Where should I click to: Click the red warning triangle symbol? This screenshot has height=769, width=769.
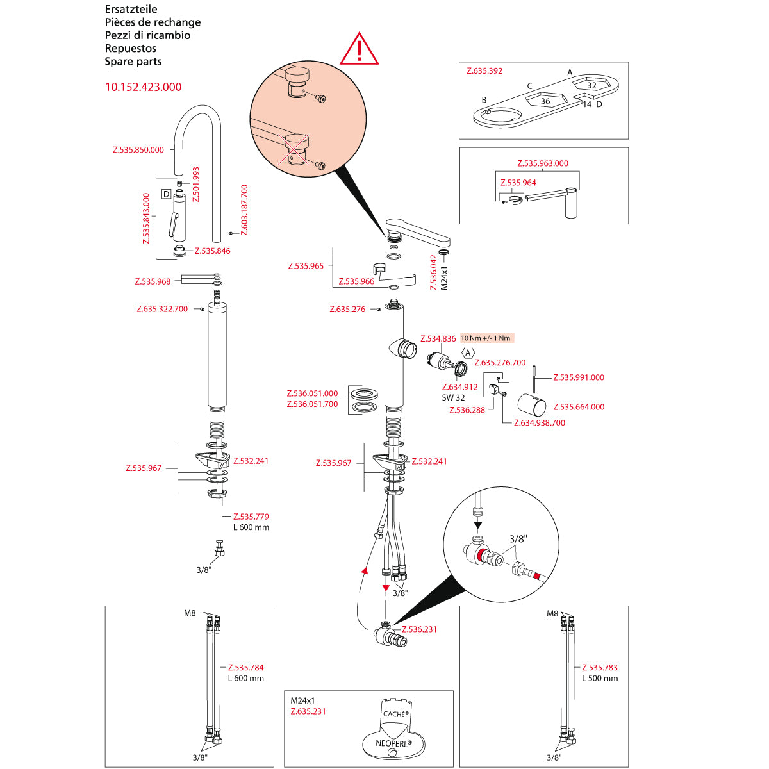point(360,50)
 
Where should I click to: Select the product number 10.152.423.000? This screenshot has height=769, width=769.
point(143,87)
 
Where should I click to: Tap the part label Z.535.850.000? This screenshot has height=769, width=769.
point(138,150)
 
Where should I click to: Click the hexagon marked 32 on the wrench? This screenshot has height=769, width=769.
point(591,85)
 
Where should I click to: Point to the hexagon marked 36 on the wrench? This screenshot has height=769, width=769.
point(545,101)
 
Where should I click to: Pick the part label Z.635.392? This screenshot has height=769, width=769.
point(484,71)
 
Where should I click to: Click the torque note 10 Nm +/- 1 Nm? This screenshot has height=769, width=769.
point(486,338)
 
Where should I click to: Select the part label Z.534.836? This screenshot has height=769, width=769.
point(438,338)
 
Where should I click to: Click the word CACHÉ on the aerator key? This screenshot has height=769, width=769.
point(394,713)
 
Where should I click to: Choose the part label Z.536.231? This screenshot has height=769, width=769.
point(419,629)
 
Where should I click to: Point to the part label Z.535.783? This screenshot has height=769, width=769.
point(600,667)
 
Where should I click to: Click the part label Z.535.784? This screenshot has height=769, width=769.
point(246,667)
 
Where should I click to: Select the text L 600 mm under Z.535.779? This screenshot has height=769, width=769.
point(251,527)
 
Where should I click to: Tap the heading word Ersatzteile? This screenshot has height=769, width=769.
point(131,9)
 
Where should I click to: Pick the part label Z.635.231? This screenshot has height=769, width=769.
point(308,711)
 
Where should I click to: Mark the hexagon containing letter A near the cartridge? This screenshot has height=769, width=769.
point(468,352)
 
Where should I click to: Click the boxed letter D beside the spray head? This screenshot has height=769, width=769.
point(166,194)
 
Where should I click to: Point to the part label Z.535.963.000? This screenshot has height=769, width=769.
point(542,163)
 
